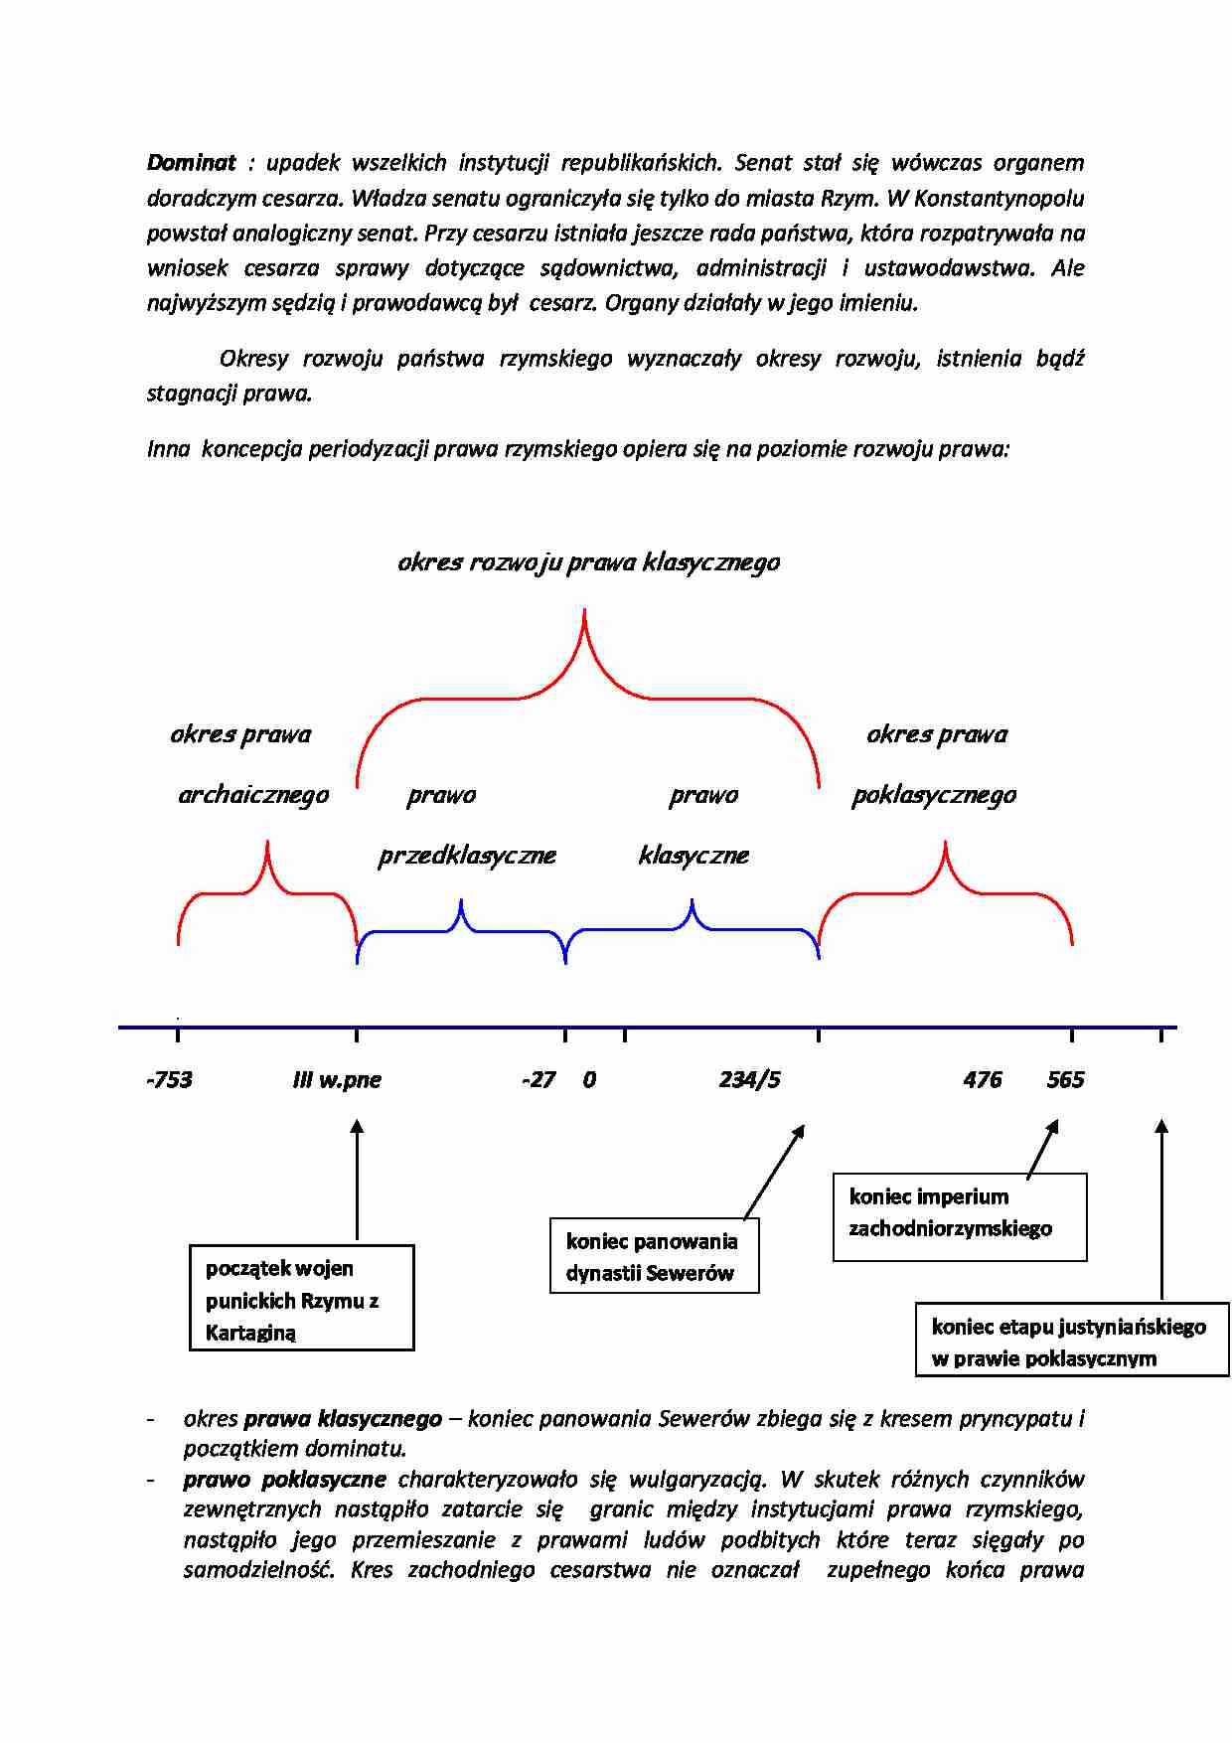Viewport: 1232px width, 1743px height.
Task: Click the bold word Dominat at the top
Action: (x=192, y=163)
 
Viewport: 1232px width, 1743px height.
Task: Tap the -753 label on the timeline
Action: (x=169, y=1080)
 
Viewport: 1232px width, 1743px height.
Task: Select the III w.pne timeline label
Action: (x=337, y=1080)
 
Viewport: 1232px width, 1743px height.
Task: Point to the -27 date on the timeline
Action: (x=538, y=1080)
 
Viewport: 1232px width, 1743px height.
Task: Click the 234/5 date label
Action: (x=749, y=1080)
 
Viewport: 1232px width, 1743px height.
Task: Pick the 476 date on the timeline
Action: (x=982, y=1080)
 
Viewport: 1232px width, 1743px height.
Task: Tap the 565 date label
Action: (x=1065, y=1080)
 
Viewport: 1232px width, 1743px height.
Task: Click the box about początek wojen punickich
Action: (x=301, y=1298)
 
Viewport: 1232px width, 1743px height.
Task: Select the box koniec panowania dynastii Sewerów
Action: (x=654, y=1256)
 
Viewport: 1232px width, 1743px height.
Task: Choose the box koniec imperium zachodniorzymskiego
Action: (x=959, y=1216)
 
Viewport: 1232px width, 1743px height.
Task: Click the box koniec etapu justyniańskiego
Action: (x=1071, y=1343)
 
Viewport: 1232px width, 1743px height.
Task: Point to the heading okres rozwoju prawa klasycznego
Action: (x=588, y=562)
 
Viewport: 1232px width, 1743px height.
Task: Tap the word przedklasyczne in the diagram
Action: (x=467, y=856)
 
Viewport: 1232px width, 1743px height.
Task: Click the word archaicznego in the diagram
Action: (x=253, y=795)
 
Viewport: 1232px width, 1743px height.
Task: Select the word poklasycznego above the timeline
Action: (x=934, y=795)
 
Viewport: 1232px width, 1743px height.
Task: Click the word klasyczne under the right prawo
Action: (x=693, y=856)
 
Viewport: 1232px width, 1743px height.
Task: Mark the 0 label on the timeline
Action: (x=589, y=1080)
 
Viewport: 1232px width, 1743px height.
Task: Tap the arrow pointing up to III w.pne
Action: (x=357, y=1178)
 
